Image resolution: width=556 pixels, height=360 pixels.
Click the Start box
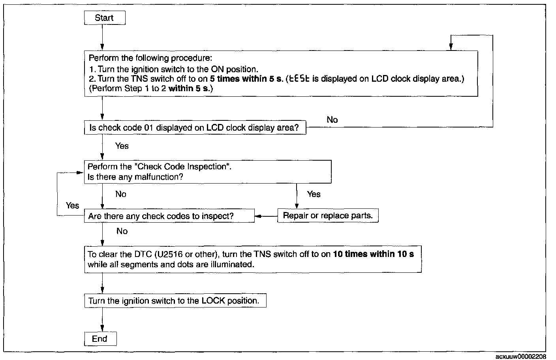coord(105,18)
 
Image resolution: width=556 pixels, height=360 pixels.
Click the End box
coord(100,339)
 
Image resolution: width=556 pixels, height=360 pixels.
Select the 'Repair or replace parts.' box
coord(328,216)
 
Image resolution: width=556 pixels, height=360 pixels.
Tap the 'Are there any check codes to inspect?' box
coord(169,216)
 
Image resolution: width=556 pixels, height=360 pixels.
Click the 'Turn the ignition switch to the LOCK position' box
coord(175,301)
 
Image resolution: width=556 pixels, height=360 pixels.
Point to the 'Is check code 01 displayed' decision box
coord(195,127)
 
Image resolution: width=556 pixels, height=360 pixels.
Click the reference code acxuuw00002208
coord(521,357)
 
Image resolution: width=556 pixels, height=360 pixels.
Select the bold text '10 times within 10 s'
coord(373,254)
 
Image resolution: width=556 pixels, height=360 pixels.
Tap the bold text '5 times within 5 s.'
coord(246,79)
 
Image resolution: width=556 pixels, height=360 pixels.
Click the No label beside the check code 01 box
coord(332,120)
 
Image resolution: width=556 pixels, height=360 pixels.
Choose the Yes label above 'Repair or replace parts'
coord(314,194)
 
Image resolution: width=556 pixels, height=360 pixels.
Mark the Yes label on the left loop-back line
coord(73,205)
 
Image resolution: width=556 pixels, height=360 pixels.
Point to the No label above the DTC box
coord(122,231)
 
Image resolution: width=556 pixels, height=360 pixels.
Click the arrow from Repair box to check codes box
coord(266,216)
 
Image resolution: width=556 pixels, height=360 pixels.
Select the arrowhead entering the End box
coord(102,328)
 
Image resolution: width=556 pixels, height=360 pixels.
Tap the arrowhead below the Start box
coord(102,47)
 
